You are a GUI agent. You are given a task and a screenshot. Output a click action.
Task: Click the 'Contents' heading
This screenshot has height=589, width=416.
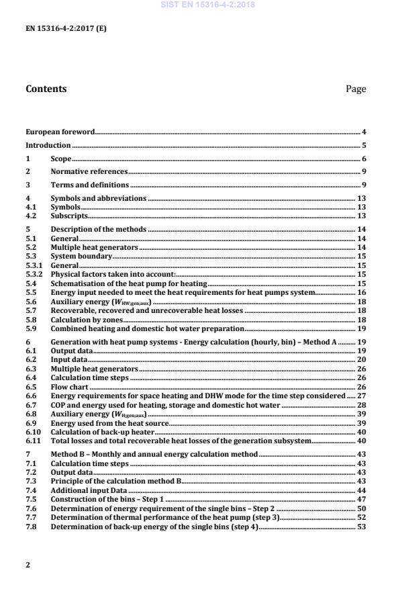click(46, 89)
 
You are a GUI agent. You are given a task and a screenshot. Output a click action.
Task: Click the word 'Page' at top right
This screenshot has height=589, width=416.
click(356, 89)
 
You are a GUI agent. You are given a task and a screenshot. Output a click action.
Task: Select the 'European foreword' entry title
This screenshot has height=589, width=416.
click(60, 132)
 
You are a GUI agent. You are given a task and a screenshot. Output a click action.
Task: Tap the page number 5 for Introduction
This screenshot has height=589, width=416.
click(363, 145)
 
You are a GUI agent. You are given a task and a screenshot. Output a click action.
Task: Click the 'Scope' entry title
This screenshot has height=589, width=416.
click(61, 158)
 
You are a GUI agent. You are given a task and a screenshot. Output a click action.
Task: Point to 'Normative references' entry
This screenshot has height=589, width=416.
click(80, 171)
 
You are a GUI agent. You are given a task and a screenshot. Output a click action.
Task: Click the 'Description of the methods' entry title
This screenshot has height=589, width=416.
click(89, 230)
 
